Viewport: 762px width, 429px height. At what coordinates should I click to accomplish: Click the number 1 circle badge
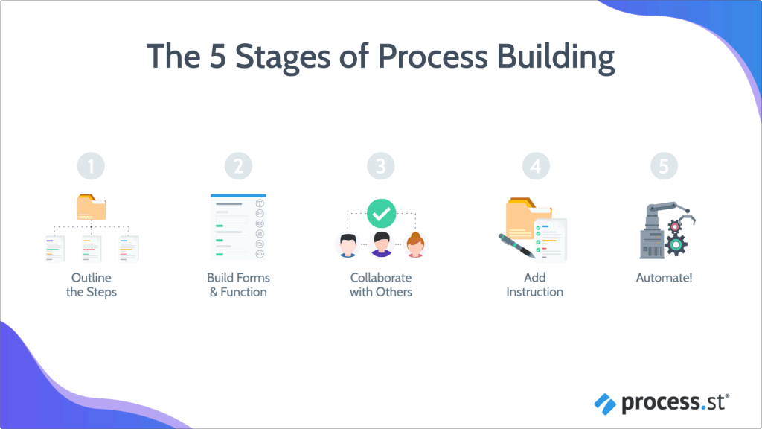click(x=91, y=166)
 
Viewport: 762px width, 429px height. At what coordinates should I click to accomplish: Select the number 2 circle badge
click(x=238, y=166)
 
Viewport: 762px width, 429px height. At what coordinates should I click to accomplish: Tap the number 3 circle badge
click(x=380, y=166)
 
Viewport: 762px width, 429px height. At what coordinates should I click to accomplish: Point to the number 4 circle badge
click(x=536, y=166)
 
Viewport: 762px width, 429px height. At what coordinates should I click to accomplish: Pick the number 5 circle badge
click(x=664, y=166)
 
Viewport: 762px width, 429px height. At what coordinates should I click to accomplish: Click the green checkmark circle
click(x=381, y=213)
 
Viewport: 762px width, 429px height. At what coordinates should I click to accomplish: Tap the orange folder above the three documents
click(x=91, y=207)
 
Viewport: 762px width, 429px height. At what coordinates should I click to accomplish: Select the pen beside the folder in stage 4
click(x=516, y=246)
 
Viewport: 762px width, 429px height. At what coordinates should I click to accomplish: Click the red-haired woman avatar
click(x=415, y=244)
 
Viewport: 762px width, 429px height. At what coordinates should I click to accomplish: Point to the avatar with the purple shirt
click(x=381, y=244)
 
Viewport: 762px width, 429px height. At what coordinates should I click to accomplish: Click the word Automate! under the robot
click(x=664, y=278)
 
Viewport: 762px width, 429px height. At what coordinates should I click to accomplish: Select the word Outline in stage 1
click(x=92, y=278)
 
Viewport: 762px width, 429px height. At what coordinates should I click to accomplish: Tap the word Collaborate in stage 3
click(x=381, y=278)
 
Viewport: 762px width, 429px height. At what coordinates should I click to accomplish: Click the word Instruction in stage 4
click(x=534, y=292)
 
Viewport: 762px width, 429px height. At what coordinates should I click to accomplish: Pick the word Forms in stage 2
click(x=252, y=278)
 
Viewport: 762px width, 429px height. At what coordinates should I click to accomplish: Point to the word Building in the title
click(x=555, y=57)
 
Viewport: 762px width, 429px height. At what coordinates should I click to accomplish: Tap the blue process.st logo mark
click(x=605, y=404)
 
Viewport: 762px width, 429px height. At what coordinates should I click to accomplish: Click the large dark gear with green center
click(x=676, y=245)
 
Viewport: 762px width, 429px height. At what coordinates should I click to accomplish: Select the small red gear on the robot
click(x=674, y=226)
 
